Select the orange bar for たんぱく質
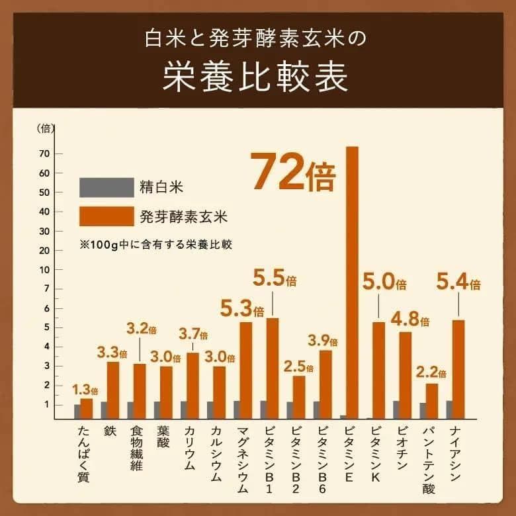(x=87, y=409)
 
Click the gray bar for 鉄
(x=104, y=410)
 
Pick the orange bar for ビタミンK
(x=378, y=370)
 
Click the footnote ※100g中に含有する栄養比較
(x=159, y=243)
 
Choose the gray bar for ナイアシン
(x=449, y=410)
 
